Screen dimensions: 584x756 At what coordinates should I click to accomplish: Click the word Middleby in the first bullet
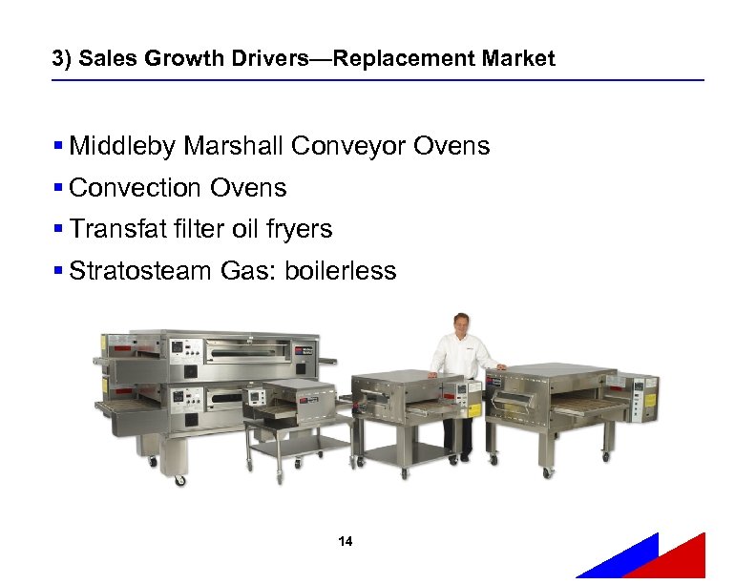point(122,146)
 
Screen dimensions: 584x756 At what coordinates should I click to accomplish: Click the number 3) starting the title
point(62,59)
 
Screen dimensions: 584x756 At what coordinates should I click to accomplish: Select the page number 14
point(346,542)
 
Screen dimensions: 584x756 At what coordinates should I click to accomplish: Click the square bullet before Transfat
point(59,229)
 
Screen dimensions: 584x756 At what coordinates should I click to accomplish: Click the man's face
point(461,323)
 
